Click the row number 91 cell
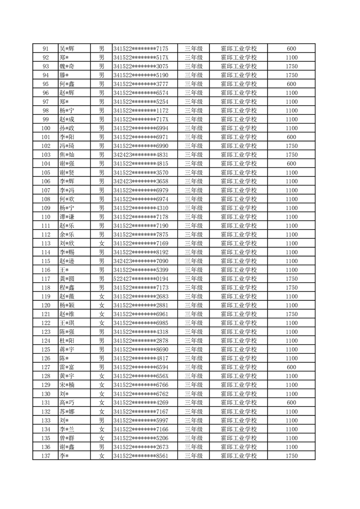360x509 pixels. click(45, 49)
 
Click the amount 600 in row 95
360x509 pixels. click(291, 84)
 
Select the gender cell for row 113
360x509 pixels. click(102, 244)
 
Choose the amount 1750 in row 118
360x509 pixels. click(291, 288)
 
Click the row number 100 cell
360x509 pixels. click(45, 128)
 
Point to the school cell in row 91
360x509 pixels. click(238, 49)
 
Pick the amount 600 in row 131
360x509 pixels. click(291, 403)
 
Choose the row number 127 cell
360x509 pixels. click(45, 367)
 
